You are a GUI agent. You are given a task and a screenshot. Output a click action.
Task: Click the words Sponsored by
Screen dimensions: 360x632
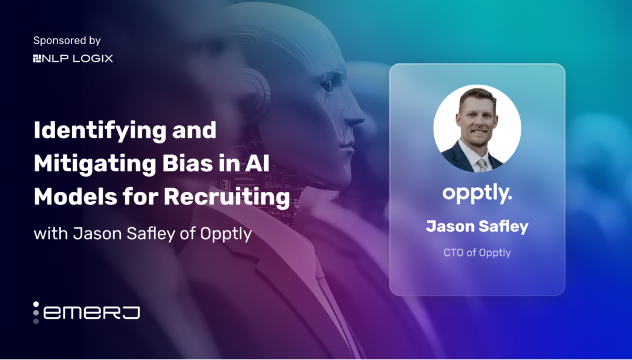(x=67, y=41)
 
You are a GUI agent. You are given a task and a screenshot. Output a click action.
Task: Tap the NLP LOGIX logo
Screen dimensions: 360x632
(x=73, y=59)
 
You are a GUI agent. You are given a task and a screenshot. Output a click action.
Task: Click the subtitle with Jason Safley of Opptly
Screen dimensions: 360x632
(x=142, y=234)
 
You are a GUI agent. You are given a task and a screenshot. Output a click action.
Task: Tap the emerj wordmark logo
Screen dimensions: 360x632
(x=91, y=312)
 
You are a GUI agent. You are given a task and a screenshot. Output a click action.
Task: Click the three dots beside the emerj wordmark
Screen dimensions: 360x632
(x=36, y=312)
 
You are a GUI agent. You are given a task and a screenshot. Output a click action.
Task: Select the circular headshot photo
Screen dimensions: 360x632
(x=477, y=128)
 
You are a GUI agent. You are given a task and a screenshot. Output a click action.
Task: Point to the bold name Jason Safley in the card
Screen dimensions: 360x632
(x=477, y=226)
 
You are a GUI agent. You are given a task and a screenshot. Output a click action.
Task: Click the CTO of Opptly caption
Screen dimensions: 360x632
(x=477, y=252)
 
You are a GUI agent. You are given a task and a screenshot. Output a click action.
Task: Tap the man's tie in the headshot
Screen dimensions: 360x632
(x=480, y=165)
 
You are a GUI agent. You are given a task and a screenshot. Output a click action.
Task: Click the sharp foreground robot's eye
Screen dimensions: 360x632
(x=328, y=87)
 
